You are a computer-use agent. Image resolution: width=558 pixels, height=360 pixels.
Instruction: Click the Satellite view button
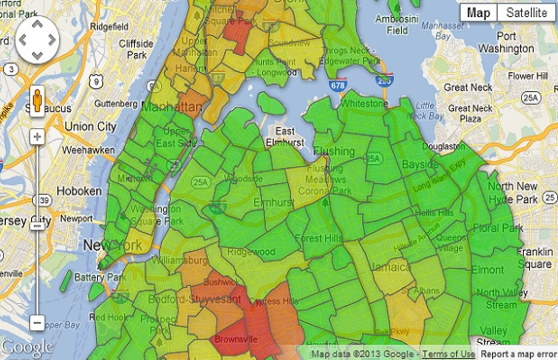click(526, 13)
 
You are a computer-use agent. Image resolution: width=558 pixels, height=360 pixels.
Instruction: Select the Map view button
click(478, 13)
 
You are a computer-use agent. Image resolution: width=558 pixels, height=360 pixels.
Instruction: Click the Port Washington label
click(506, 42)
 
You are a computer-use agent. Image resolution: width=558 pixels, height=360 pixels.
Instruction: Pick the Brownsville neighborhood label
click(236, 340)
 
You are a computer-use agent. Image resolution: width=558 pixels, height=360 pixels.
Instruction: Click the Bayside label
click(420, 165)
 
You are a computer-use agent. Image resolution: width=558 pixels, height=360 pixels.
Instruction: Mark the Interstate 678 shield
click(337, 85)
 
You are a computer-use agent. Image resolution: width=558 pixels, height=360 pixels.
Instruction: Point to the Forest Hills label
click(318, 239)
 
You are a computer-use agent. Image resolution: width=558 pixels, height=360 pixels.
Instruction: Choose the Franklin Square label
click(534, 258)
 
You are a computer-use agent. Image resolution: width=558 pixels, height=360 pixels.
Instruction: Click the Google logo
click(27, 347)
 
